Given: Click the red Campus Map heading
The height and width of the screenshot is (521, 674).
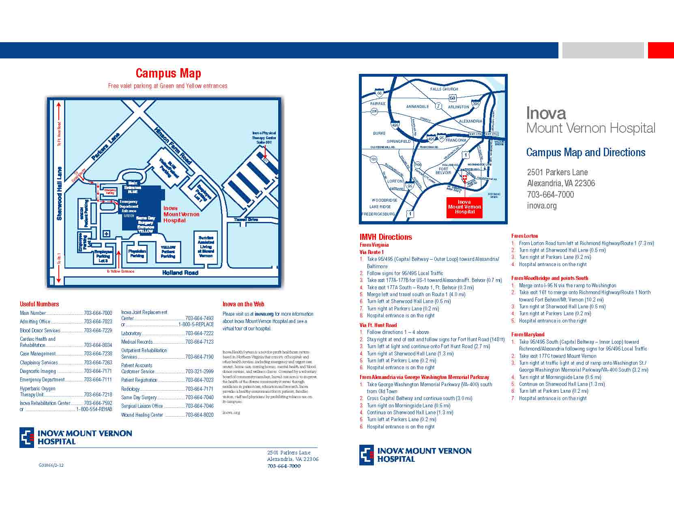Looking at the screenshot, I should click(168, 73).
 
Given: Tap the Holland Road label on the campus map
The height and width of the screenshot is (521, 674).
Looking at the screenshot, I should click(180, 273).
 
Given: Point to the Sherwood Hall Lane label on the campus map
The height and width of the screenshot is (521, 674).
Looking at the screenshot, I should click(60, 194).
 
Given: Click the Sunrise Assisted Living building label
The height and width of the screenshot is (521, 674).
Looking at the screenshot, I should click(206, 246).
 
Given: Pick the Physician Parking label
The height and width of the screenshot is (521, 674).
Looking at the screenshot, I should click(137, 253).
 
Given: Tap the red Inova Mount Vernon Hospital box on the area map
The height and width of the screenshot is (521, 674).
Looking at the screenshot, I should click(464, 207).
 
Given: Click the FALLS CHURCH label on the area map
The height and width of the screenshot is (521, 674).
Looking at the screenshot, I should click(444, 89).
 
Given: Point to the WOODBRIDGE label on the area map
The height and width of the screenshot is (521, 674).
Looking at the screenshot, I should click(384, 200).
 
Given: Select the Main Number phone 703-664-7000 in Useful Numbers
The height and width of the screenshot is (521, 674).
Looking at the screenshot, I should click(98, 313).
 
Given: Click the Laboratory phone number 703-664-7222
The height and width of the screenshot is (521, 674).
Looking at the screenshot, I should click(199, 333).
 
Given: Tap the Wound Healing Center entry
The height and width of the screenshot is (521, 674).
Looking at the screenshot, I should click(142, 415).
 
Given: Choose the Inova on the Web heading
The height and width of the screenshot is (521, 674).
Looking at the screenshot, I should click(243, 304).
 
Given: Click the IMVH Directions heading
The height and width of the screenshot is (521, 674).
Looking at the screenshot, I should click(386, 237).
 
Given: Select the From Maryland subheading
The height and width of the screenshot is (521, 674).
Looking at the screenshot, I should click(528, 334).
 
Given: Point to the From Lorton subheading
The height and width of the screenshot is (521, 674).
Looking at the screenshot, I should click(524, 236).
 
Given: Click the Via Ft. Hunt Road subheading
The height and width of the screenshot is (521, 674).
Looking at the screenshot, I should click(378, 325).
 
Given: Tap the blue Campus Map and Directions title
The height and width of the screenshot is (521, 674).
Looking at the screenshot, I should click(586, 153).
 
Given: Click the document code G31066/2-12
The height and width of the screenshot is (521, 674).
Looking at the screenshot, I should click(51, 465).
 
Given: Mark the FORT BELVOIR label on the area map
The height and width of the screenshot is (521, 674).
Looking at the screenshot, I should click(443, 171).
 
